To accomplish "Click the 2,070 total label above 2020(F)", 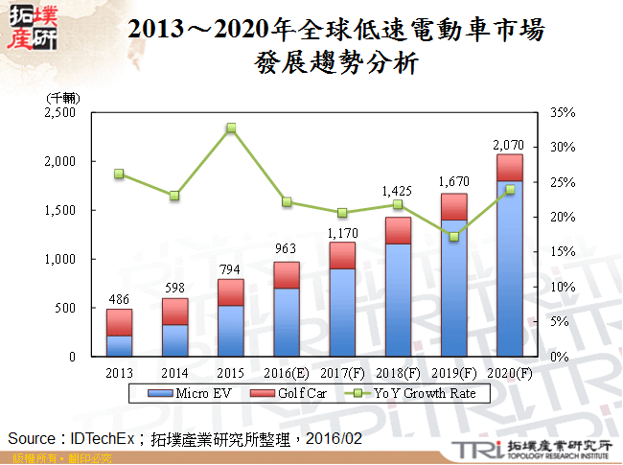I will pyautogui.click(x=508, y=145).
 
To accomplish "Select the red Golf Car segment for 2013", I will pyautogui.click(x=119, y=322).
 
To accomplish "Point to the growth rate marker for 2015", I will pyautogui.click(x=231, y=128).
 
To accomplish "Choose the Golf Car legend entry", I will pyautogui.click(x=288, y=394).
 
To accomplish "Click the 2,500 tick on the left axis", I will pyautogui.click(x=60, y=112).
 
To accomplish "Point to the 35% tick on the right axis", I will pyautogui.click(x=564, y=112).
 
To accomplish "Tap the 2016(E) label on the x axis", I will pyautogui.click(x=287, y=372).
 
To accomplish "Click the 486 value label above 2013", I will pyautogui.click(x=119, y=299).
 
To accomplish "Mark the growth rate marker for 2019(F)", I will pyautogui.click(x=453, y=237).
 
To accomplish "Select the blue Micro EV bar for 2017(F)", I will pyautogui.click(x=342, y=313).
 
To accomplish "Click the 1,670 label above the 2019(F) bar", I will pyautogui.click(x=452, y=182).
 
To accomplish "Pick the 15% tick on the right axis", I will pyautogui.click(x=564, y=252).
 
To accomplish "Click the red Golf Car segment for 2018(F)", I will pyautogui.click(x=398, y=230).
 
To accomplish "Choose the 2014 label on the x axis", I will pyautogui.click(x=174, y=372).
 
